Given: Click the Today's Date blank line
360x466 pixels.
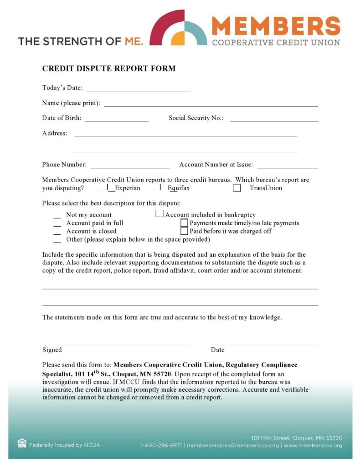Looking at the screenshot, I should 139,89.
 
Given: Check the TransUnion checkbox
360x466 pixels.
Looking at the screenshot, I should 237,188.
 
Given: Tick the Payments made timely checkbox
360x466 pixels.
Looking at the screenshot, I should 184,223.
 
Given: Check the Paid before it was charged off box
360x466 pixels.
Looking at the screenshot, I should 184,231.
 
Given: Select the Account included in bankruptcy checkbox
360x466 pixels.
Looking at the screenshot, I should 159,213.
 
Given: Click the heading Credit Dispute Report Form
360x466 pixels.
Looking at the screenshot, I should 109,69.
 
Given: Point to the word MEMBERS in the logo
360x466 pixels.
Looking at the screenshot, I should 276,26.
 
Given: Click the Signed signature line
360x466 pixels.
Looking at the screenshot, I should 116,344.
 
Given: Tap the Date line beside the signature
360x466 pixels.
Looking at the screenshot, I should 264,344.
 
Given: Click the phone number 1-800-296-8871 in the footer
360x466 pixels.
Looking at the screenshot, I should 161,445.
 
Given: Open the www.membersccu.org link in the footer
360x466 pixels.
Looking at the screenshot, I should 313,445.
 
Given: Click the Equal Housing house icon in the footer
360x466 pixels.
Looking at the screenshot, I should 22,443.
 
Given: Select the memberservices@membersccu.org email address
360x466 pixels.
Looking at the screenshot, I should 232,445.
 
